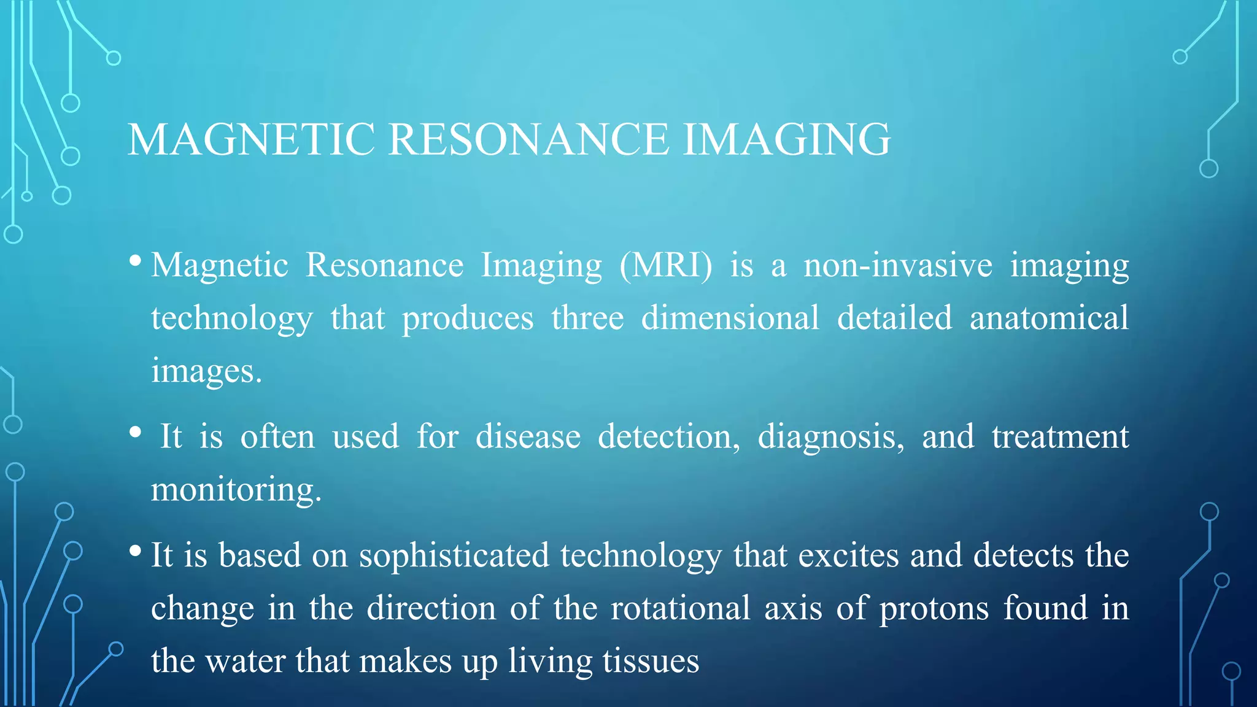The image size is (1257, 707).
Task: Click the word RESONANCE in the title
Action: point(528,139)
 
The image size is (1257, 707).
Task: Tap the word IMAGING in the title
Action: point(786,139)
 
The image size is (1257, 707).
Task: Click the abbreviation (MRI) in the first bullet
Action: point(666,266)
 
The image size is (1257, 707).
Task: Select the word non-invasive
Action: point(898,266)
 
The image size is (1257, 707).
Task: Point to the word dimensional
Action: point(730,318)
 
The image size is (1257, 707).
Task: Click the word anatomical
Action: point(1049,318)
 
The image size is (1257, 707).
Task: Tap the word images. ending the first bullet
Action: point(206,371)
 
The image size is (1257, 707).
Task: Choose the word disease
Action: point(528,436)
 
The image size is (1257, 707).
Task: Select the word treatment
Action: point(1060,436)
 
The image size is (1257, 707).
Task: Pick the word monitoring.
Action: point(236,490)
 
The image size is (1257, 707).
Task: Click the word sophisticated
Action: point(454,555)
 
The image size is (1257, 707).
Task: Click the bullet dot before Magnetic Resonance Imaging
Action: point(136,261)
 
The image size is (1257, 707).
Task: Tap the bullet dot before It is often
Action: point(136,433)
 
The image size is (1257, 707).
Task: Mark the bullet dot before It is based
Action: point(136,551)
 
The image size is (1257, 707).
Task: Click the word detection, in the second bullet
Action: point(669,436)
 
